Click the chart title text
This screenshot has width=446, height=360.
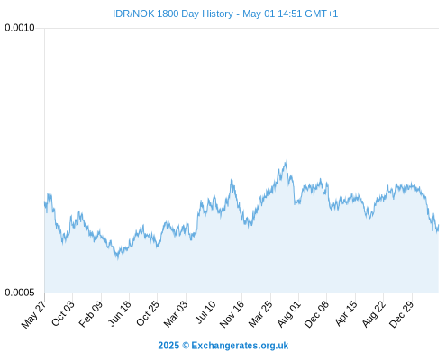tap(225, 13)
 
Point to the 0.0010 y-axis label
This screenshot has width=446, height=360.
tap(20, 28)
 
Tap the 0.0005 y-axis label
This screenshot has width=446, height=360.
tap(20, 292)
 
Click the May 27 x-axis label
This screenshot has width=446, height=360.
tap(33, 314)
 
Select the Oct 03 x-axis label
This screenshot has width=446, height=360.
tap(63, 313)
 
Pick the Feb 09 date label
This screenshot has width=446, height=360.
tap(91, 314)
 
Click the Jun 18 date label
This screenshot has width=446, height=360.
tap(120, 313)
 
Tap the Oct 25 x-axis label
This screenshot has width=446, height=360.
tap(148, 313)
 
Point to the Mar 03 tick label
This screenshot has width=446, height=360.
tap(176, 314)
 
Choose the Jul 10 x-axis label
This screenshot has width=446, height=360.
tap(205, 312)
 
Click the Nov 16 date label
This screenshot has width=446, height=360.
tap(232, 314)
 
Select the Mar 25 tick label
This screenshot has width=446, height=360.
tap(260, 314)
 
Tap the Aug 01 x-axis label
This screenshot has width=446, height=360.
tap(288, 314)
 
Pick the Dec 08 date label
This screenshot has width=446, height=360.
tap(316, 314)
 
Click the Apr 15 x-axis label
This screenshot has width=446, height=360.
tap(346, 313)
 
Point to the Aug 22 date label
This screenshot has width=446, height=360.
tap(374, 314)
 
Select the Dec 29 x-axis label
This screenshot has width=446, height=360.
tap(402, 314)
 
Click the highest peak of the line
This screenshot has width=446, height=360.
tap(287, 161)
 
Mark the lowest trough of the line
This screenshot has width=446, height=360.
tap(118, 257)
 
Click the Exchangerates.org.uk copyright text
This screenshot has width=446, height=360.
tap(223, 346)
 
